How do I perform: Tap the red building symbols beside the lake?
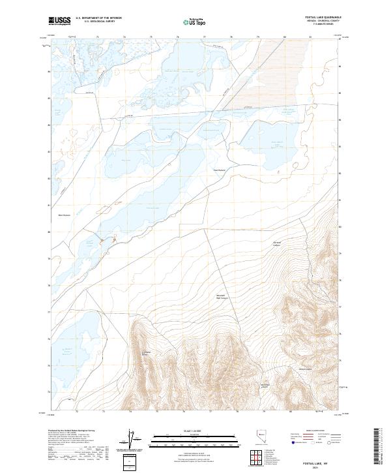pyautogui.click(x=108, y=243)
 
